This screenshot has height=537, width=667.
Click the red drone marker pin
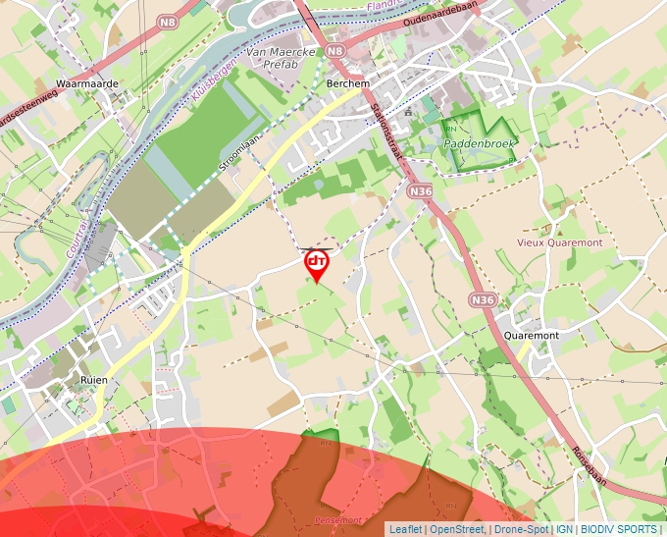pyautogui.click(x=317, y=264)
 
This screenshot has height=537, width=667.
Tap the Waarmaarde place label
pyautogui.click(x=87, y=84)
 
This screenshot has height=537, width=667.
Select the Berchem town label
pyautogui.click(x=347, y=84)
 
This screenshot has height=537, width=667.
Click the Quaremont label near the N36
pyautogui.click(x=531, y=336)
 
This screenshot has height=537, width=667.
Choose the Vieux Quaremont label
pyautogui.click(x=560, y=242)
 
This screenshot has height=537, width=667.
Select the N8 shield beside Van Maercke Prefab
pyautogui.click(x=336, y=51)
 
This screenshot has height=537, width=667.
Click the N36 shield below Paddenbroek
pyautogui.click(x=421, y=189)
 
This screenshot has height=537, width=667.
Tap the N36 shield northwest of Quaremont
pyautogui.click(x=482, y=299)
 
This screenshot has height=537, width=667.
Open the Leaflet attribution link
pyautogui.click(x=405, y=529)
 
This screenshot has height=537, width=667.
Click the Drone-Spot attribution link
pyautogui.click(x=522, y=529)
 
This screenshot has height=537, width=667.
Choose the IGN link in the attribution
pyautogui.click(x=565, y=529)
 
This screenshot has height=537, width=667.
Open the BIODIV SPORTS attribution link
pyautogui.click(x=619, y=529)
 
